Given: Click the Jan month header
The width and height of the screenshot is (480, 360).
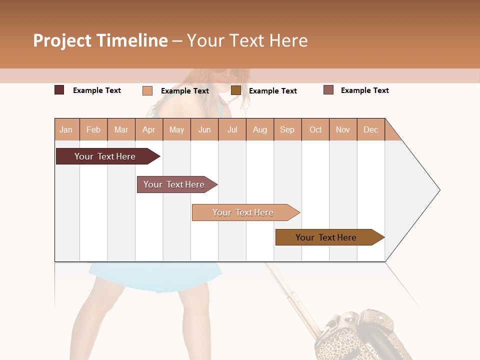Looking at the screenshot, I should point(66,129).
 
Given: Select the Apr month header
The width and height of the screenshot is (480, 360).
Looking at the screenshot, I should point(148,129).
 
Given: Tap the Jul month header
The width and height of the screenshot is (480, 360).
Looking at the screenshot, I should point(232,129).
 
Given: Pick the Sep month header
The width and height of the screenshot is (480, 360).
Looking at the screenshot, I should point(287,129).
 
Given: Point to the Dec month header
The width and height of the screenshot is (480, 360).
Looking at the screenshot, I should point(370,129).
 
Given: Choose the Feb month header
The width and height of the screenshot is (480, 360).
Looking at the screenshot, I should point(93,129).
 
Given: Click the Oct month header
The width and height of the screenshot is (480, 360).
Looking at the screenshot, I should point(315,129).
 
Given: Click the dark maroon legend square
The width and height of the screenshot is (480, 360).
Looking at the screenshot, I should point(59,90).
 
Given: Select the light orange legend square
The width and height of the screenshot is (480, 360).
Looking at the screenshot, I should point(147,90).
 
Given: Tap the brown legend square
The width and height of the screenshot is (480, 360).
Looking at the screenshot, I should point(236,90).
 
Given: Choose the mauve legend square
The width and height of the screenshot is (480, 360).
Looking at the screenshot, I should point(328,90).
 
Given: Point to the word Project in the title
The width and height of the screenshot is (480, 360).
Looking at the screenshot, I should point(62,40).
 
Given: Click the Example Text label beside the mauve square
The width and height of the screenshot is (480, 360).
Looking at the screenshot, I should point(364,90).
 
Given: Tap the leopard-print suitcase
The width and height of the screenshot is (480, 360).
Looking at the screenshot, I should point(360,335).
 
